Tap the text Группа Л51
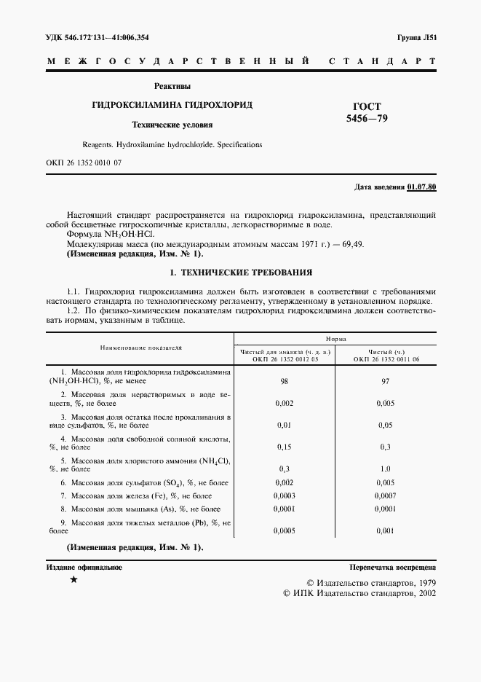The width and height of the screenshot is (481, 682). [x=417, y=37]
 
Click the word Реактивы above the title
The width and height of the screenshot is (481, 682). [x=172, y=86]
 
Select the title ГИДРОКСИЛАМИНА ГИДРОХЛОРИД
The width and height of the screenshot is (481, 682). [x=172, y=105]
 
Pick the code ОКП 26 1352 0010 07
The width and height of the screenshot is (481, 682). [x=83, y=162]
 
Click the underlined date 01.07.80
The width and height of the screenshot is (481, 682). [x=421, y=187]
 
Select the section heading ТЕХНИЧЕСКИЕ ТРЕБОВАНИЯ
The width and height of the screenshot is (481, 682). [x=240, y=273]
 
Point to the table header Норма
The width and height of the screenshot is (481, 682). [x=335, y=339]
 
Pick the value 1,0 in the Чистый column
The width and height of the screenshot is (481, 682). [x=385, y=469]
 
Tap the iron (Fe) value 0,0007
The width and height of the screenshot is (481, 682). [x=385, y=495]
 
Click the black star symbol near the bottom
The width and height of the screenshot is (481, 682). [x=73, y=581]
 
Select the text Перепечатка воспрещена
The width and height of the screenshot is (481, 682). [x=392, y=566]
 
